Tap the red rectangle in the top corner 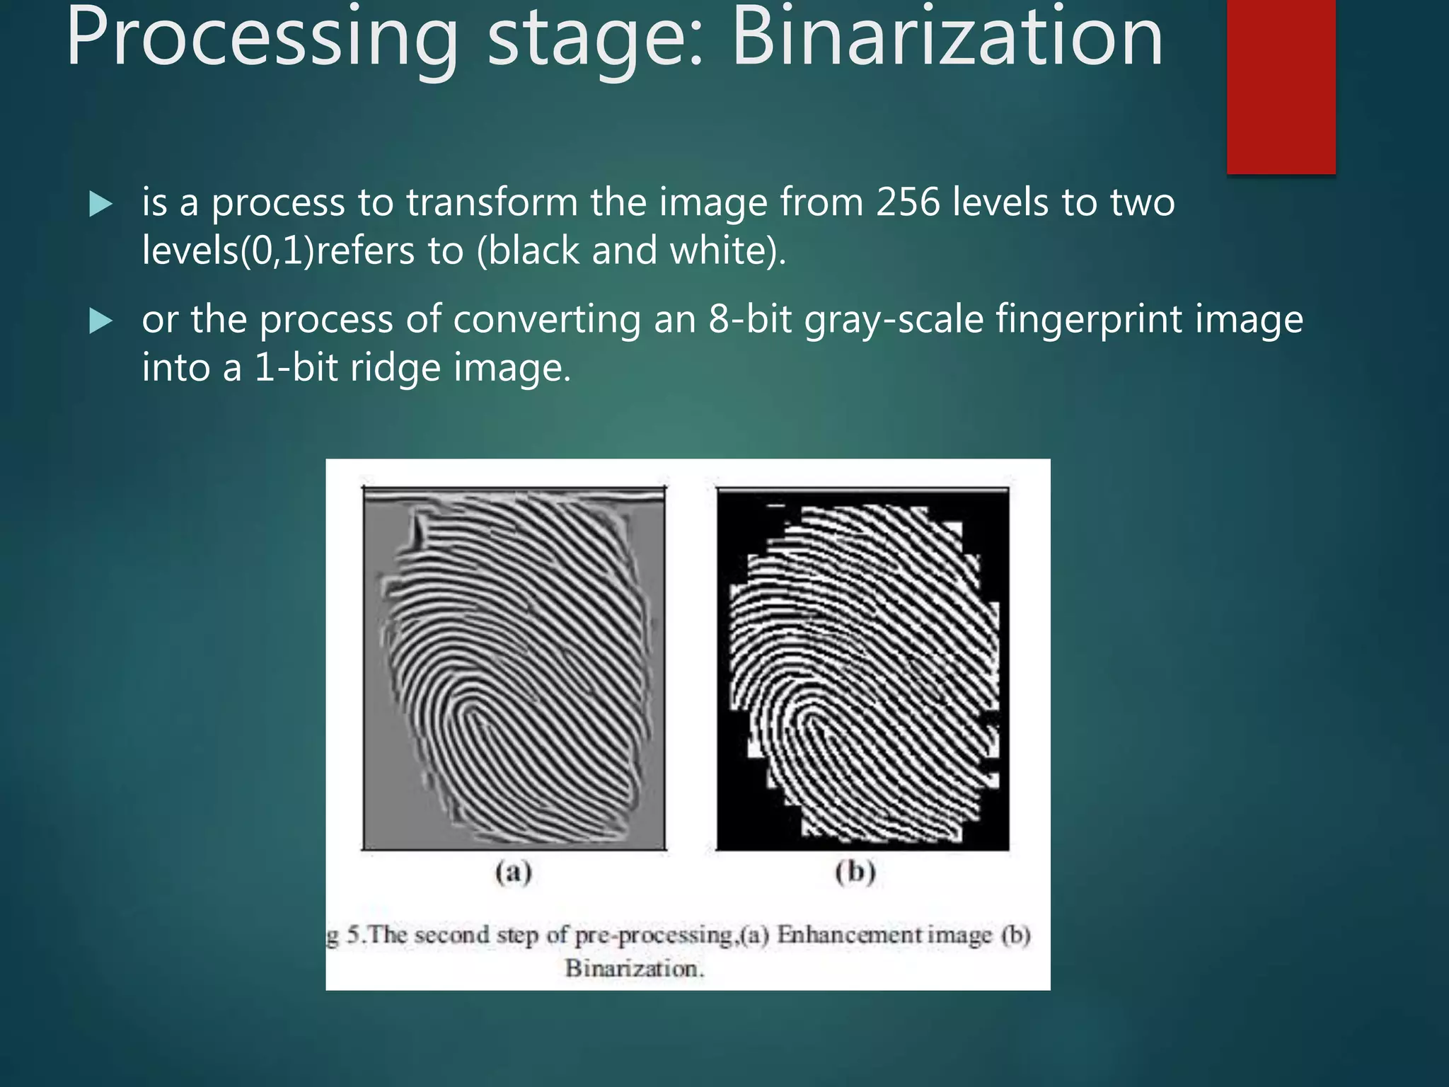[x=1281, y=85]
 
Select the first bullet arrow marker [x=101, y=205]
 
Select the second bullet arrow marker [x=101, y=321]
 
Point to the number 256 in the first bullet [x=908, y=202]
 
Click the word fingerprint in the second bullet [x=1090, y=321]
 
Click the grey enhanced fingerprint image [x=514, y=669]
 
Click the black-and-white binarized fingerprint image [x=862, y=669]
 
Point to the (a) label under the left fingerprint [x=514, y=872]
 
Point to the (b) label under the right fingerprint [x=855, y=872]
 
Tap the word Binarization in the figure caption [x=634, y=968]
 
